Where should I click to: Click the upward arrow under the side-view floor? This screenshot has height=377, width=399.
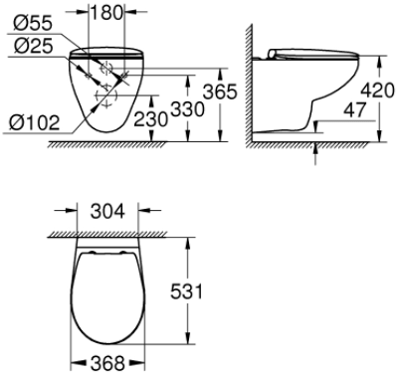(x=315, y=150)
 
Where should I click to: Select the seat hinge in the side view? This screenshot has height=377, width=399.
(x=275, y=52)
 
